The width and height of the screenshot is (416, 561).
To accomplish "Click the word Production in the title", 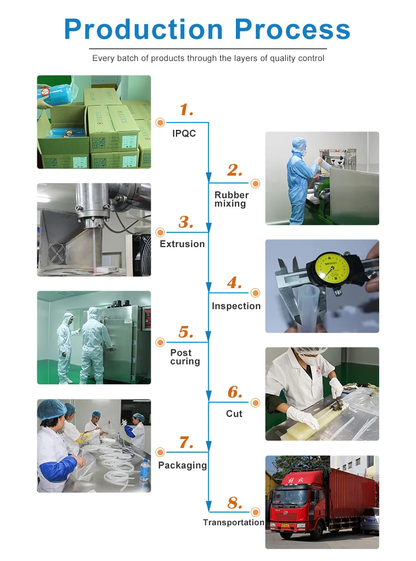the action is click(x=144, y=29).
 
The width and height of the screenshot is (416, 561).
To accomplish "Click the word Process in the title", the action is click(x=292, y=29).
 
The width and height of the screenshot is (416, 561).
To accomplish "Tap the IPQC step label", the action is click(x=184, y=134).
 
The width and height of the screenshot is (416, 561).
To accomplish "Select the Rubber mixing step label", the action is click(x=232, y=199).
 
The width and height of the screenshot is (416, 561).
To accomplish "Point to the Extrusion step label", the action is click(x=182, y=244).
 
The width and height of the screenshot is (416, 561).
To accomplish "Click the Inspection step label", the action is click(x=236, y=306).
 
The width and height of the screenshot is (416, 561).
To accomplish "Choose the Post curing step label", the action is click(x=185, y=357).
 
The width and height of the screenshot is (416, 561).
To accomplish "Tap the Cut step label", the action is click(x=234, y=414).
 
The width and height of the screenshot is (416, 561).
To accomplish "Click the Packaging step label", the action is click(x=182, y=465).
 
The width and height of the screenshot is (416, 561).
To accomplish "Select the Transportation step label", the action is click(x=234, y=523).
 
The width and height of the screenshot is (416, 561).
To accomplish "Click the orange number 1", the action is click(x=186, y=110).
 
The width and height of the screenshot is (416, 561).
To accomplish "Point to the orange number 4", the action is click(x=234, y=283).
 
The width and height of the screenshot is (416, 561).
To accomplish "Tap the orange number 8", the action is click(x=235, y=503).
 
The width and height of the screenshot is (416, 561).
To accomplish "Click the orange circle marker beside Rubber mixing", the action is click(x=255, y=183).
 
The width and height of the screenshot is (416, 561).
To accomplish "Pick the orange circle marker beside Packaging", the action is click(x=160, y=452).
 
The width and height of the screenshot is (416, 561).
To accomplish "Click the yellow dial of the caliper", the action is click(x=332, y=268).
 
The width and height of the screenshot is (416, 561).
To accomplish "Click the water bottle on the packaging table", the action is click(x=144, y=470).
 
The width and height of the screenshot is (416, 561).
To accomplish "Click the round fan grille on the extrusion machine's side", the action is click(x=56, y=253).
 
